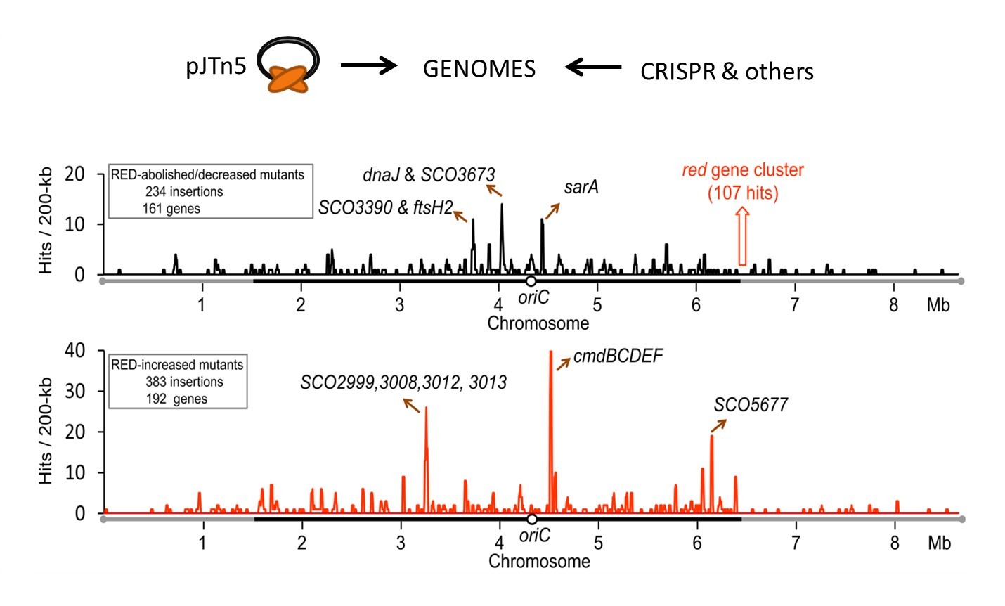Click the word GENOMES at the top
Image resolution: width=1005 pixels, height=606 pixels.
(x=479, y=69)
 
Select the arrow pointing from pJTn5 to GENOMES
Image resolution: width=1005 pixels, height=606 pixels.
(x=369, y=66)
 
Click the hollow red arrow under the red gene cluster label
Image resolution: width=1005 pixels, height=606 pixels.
(x=741, y=236)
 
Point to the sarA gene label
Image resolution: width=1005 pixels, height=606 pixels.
(x=581, y=187)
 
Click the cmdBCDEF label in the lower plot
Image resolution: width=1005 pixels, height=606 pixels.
(x=618, y=356)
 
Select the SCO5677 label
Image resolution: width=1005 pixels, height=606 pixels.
(x=751, y=405)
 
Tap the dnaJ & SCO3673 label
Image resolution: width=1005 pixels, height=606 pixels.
(x=429, y=174)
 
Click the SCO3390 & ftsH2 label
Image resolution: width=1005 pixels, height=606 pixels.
(x=385, y=208)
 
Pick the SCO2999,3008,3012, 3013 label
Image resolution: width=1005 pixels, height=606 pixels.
(x=403, y=382)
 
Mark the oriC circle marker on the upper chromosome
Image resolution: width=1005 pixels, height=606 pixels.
(x=531, y=281)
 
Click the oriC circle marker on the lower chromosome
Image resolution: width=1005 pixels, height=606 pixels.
(x=532, y=519)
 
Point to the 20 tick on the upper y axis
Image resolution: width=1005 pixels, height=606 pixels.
(x=74, y=174)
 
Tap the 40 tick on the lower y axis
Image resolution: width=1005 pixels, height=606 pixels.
(x=74, y=350)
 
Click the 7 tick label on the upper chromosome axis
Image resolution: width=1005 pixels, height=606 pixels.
(x=795, y=305)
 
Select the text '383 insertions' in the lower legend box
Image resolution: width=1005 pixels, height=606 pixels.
(x=184, y=382)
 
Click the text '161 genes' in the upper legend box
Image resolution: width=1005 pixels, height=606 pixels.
(x=171, y=208)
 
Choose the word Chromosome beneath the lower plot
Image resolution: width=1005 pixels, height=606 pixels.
(x=539, y=561)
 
